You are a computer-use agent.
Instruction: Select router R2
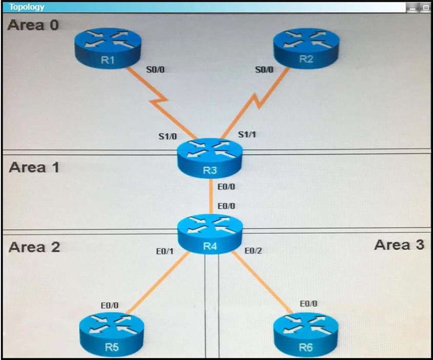pos(306,46)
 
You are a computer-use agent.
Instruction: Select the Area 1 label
pos(34,167)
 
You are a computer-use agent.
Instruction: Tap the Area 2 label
pos(34,247)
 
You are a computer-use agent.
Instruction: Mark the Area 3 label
pos(399,245)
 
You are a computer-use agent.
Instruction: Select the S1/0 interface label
pos(167,137)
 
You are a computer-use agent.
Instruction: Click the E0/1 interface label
pos(164,251)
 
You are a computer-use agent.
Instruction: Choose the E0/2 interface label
pos(254,251)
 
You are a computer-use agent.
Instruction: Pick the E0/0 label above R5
pos(110,305)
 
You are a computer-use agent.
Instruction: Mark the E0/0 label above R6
pos(308,303)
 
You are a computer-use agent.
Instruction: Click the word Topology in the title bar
pos(27,7)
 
